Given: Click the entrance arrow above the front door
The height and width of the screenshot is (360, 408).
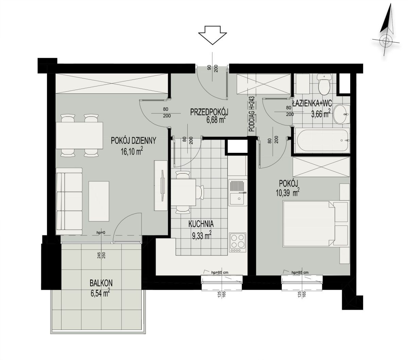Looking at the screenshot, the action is pos(213,35).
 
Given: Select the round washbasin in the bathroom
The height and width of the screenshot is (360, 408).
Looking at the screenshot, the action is pos(341,114).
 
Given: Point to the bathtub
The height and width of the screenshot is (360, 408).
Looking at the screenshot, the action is pos(322,140).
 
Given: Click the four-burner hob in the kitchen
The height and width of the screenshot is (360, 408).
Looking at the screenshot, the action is pos(238,243).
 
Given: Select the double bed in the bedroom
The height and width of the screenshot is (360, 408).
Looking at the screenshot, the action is pos(315,223).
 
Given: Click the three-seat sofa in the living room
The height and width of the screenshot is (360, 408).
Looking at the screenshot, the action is pos(69,201).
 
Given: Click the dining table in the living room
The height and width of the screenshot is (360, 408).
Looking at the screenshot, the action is pos(79,136).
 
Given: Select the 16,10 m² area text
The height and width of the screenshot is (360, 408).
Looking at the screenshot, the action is pos(132,151).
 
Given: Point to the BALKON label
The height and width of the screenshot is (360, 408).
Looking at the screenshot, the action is pos(101,283).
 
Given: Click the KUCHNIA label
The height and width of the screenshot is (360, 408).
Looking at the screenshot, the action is pos(201,224).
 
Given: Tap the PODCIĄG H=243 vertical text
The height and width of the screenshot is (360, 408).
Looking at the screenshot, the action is pos(253,114).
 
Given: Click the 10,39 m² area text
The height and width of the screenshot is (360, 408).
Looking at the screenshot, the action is pos(288,193).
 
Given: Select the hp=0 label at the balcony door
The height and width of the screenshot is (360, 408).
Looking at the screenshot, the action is pos(101,233).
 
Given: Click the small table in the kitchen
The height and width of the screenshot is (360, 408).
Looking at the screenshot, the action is pos(184,192).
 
